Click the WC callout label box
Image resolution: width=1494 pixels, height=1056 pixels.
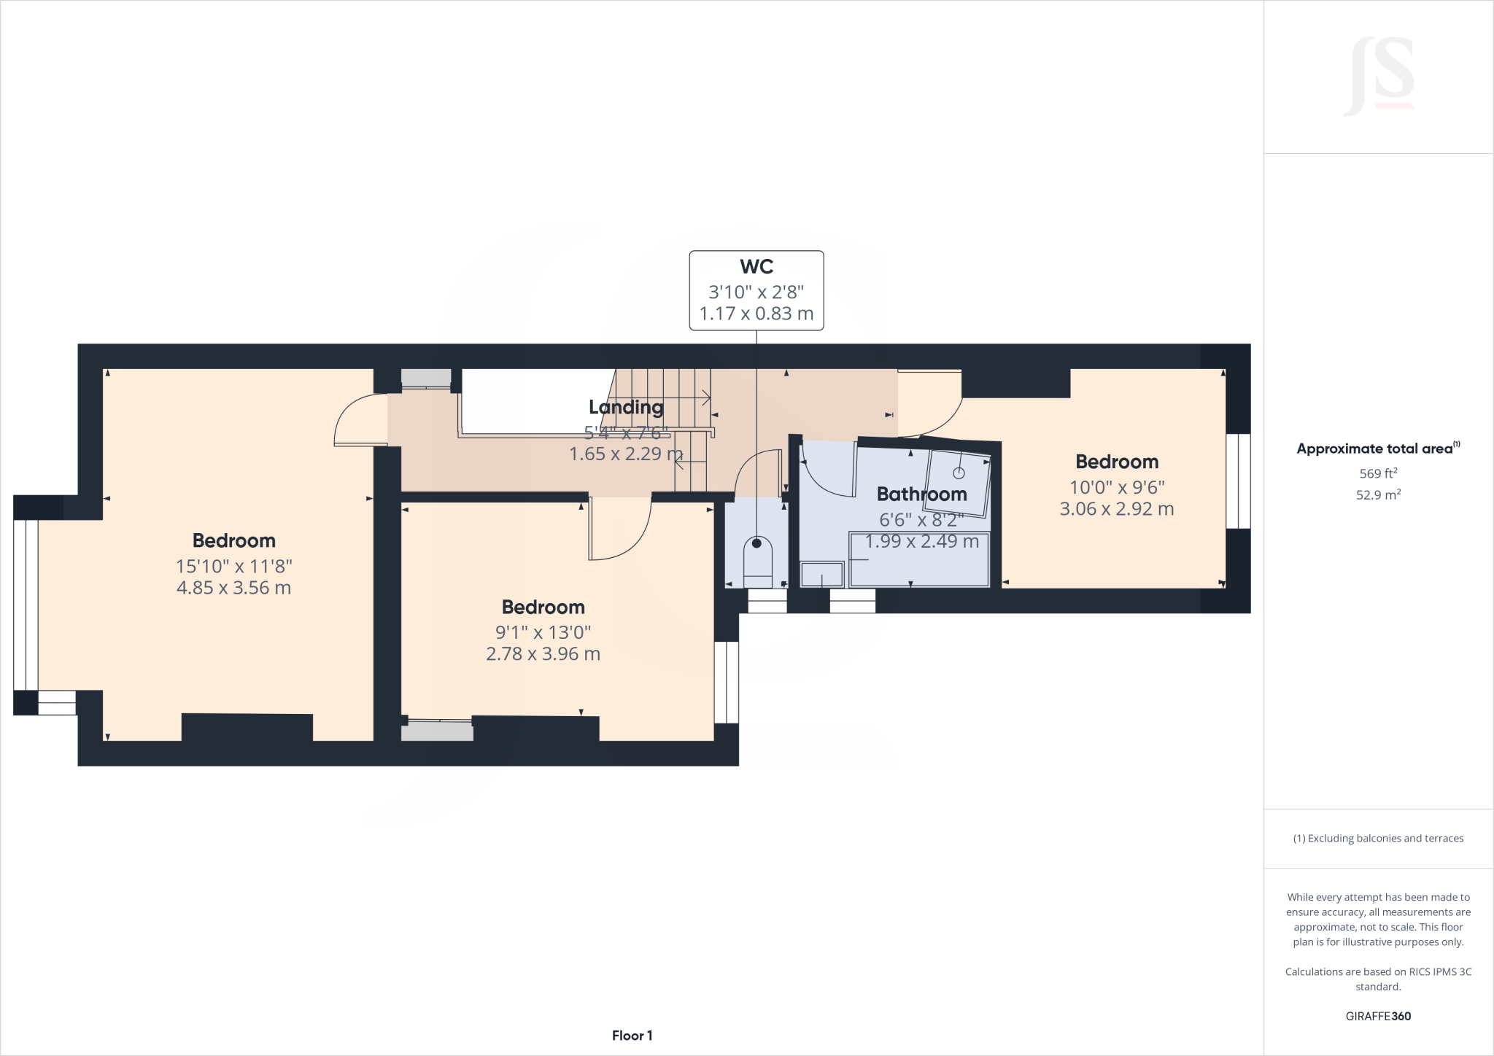(756, 290)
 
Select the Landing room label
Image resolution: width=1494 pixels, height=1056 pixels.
(626, 407)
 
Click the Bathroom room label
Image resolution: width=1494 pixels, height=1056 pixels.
(921, 494)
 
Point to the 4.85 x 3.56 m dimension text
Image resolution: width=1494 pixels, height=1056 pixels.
(233, 588)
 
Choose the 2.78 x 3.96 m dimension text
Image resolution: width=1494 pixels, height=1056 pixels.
(543, 654)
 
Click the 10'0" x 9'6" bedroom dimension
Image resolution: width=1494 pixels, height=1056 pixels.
(1117, 487)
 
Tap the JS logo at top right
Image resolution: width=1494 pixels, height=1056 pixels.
(1379, 77)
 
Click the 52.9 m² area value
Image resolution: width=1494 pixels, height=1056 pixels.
(1378, 495)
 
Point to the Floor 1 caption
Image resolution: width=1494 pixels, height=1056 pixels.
(632, 1036)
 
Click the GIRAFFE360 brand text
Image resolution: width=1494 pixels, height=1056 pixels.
(1378, 1016)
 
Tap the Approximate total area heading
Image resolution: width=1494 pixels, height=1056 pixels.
(1377, 449)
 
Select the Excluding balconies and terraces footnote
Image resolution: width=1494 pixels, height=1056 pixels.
(1378, 839)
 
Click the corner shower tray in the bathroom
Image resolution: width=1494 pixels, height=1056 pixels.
(959, 484)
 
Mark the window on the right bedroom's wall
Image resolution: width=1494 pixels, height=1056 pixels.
(1238, 481)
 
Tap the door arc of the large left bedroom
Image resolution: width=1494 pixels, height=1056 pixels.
(360, 420)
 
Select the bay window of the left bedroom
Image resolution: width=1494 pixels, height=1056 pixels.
(26, 605)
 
